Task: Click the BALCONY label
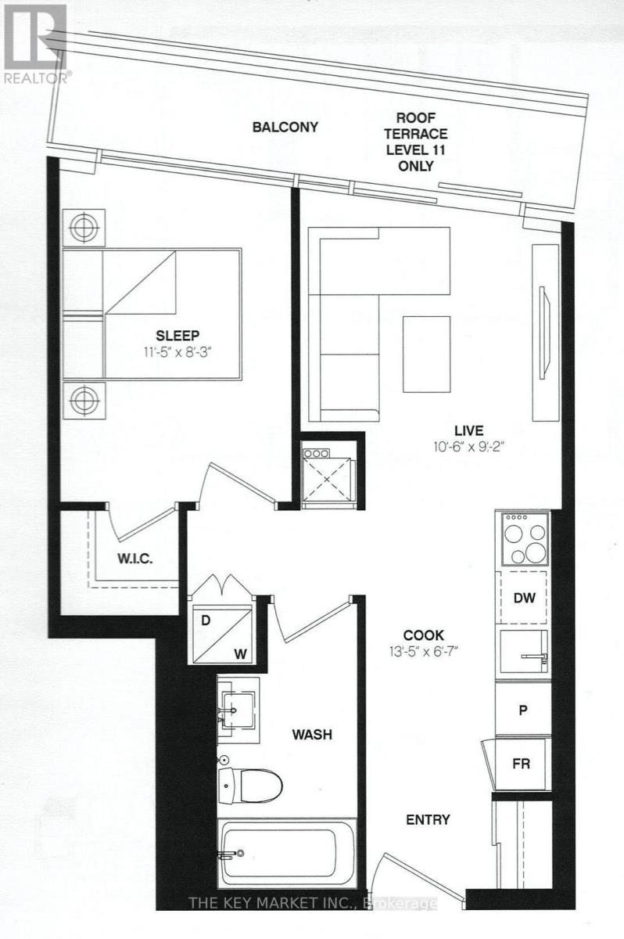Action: (x=285, y=127)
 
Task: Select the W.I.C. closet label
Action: (x=134, y=559)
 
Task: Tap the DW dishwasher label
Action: (x=525, y=598)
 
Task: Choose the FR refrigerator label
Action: (x=521, y=764)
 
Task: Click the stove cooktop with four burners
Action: (x=525, y=538)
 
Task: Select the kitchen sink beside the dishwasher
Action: (x=523, y=654)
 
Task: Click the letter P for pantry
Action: (x=522, y=711)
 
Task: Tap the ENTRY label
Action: (x=428, y=819)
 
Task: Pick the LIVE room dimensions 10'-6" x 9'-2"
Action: (x=468, y=448)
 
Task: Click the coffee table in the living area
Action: (x=427, y=354)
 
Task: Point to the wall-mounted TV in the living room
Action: (x=544, y=333)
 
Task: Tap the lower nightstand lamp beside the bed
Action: (x=84, y=400)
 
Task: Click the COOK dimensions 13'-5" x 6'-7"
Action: (x=423, y=652)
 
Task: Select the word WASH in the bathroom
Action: (x=313, y=735)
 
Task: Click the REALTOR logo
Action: (x=35, y=43)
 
